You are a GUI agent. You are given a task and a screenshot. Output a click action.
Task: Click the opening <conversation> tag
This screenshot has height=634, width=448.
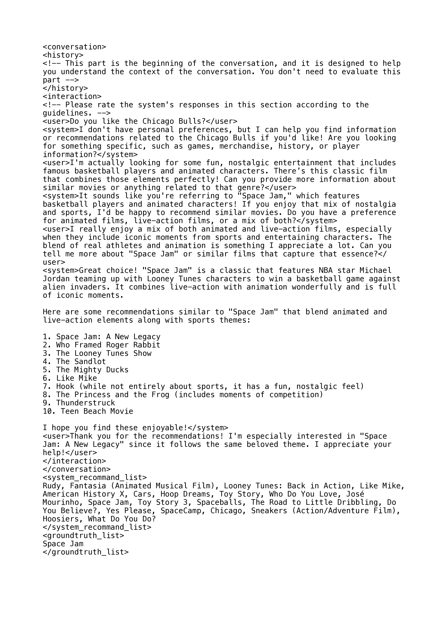pos(74,47)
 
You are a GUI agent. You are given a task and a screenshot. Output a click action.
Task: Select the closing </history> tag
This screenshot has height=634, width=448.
pos(65,88)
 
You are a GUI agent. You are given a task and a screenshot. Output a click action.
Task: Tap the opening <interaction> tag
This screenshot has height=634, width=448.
pos(72,97)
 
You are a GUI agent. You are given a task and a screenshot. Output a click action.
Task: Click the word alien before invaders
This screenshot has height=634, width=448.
pos(54,287)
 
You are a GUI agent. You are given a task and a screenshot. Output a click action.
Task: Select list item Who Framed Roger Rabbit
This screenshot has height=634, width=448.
pos(108,345)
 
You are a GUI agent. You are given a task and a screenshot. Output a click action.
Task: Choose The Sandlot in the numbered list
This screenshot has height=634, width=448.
pos(81,362)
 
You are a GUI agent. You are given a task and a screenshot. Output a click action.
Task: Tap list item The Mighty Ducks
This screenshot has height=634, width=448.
pos(92,370)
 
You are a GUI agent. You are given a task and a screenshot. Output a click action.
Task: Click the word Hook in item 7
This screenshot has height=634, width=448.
pos(65,387)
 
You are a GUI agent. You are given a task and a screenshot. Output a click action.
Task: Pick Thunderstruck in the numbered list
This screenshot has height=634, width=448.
pos(85,403)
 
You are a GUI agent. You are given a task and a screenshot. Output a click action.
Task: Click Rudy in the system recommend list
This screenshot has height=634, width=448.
pos(52,486)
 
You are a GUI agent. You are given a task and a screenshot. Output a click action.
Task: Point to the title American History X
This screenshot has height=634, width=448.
pos(83,494)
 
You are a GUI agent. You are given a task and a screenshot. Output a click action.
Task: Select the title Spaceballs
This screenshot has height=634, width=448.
pos(219,502)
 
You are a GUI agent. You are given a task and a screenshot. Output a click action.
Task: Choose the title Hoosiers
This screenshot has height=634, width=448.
pos(61,519)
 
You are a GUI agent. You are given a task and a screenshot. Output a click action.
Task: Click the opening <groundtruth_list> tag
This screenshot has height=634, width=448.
pos(83,536)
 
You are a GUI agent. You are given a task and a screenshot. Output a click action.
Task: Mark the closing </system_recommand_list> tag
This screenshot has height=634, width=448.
pos(97,527)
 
